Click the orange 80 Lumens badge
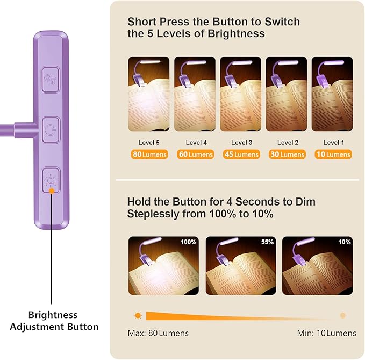pyautogui.click(x=149, y=154)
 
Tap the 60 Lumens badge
pyautogui.click(x=195, y=154)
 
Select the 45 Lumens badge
pyautogui.click(x=241, y=154)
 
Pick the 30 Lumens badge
pyautogui.click(x=287, y=154)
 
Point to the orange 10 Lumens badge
pyautogui.click(x=333, y=154)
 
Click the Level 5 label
pyautogui.click(x=149, y=143)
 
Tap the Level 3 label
pyautogui.click(x=241, y=143)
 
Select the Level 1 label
pyautogui.click(x=334, y=143)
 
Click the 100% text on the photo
pyautogui.click(x=189, y=242)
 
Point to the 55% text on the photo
pyautogui.click(x=267, y=242)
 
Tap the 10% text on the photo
pyautogui.click(x=345, y=242)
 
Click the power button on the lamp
pyautogui.click(x=51, y=130)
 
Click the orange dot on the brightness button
pyautogui.click(x=52, y=191)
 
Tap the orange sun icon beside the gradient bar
pyautogui.click(x=138, y=315)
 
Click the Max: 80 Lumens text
pyautogui.click(x=158, y=333)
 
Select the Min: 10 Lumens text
pyautogui.click(x=327, y=333)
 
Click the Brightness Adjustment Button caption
pyautogui.click(x=54, y=321)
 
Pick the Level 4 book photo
pyautogui.click(x=195, y=94)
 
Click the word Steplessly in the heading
pyautogui.click(x=153, y=214)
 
